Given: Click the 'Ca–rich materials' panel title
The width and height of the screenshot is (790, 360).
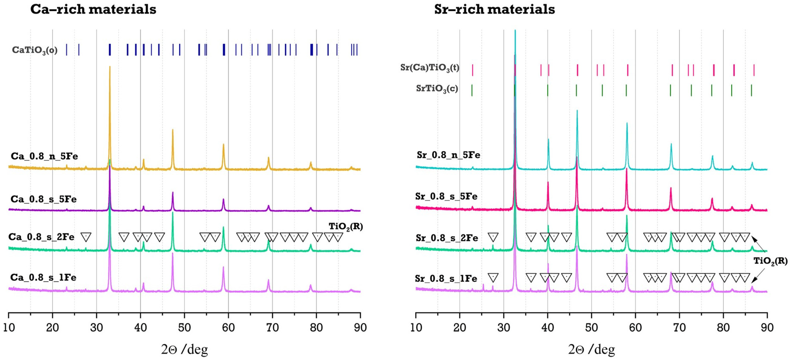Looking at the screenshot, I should coord(93,9).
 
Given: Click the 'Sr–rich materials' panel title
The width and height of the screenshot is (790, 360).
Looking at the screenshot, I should coord(494,9).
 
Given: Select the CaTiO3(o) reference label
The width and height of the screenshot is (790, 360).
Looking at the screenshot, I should coord(35,50).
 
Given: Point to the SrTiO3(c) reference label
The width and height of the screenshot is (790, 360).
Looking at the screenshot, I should coord(437,89).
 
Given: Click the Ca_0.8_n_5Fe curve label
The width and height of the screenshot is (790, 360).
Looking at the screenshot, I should coord(44,156).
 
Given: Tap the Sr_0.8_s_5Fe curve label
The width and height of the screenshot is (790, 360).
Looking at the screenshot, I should coord(446,196).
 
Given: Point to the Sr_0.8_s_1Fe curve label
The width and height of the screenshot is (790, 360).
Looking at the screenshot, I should coord(446,278).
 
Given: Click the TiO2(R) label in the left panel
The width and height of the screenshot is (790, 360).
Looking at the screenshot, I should coord(346,227).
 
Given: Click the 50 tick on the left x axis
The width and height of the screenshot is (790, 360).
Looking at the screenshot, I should coord(184,327).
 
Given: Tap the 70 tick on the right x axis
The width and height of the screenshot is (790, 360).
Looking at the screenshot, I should coord(679,327).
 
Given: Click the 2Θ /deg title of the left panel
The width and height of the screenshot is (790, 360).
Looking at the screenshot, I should coord(184,349).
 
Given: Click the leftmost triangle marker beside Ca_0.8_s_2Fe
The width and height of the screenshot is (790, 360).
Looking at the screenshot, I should coord(86,237).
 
